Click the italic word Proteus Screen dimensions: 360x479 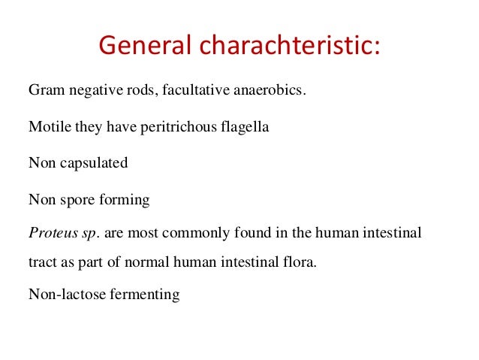(x=51, y=233)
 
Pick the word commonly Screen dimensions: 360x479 (x=179, y=233)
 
